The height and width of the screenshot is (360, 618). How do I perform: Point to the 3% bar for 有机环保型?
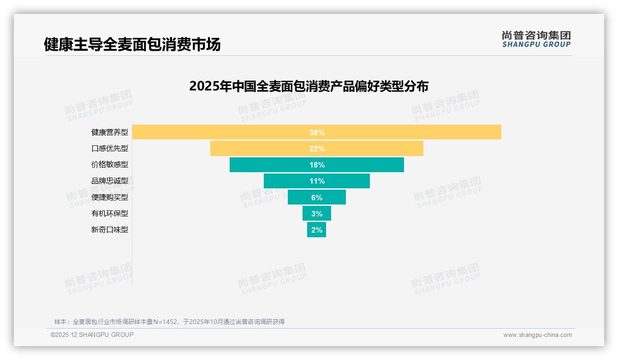(x=317, y=213)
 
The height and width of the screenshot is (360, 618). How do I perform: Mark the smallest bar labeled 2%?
(x=317, y=229)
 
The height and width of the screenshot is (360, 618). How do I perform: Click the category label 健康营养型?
(x=110, y=132)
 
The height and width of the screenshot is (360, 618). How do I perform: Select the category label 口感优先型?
(x=110, y=149)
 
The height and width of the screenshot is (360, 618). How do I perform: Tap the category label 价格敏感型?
(x=110, y=165)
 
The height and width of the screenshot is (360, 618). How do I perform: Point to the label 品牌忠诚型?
(x=110, y=181)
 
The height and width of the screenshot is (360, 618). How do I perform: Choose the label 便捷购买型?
(x=110, y=197)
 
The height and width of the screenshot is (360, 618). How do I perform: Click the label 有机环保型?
(x=110, y=213)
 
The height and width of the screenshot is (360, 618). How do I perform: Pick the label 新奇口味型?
(x=110, y=229)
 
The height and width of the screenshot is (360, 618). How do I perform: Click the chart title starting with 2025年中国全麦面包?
(x=309, y=86)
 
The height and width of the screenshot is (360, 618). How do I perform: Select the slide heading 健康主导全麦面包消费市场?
(x=132, y=44)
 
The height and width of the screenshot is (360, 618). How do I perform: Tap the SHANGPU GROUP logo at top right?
(x=536, y=39)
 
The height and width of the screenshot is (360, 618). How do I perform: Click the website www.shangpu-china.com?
(x=537, y=335)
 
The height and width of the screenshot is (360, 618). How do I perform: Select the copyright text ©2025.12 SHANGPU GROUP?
(x=92, y=335)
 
